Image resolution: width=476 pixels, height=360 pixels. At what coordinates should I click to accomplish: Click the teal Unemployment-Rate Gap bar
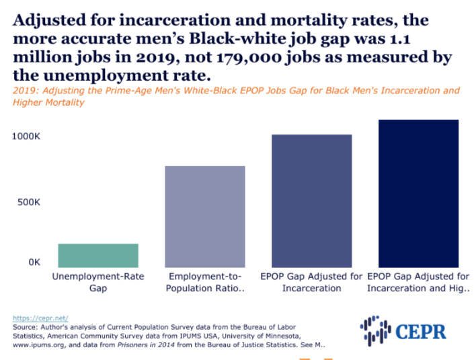coord(98,255)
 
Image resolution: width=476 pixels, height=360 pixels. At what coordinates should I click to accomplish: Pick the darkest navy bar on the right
coord(418,193)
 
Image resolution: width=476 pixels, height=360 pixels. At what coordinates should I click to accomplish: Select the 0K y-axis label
coord(34,262)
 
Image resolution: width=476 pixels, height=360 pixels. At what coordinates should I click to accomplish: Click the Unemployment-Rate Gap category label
coord(98,282)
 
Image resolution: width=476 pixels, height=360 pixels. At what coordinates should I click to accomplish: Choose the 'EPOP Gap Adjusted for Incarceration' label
coord(311,282)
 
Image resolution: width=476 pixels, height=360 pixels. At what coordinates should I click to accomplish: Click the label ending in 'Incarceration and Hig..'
coord(418,282)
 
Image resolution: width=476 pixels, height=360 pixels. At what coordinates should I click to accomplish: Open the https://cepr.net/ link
coord(40,318)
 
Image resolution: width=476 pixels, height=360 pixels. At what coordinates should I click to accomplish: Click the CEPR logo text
coord(421,330)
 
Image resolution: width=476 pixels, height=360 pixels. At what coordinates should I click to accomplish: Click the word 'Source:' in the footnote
coord(28,326)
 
